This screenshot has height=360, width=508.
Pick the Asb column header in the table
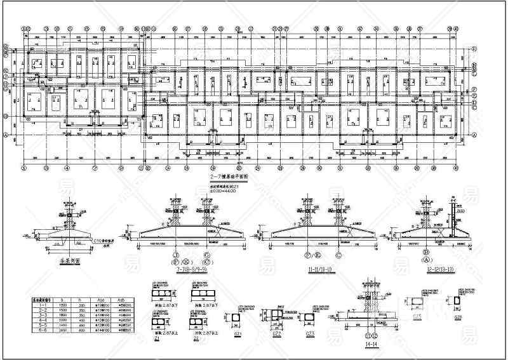coord(122,298)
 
